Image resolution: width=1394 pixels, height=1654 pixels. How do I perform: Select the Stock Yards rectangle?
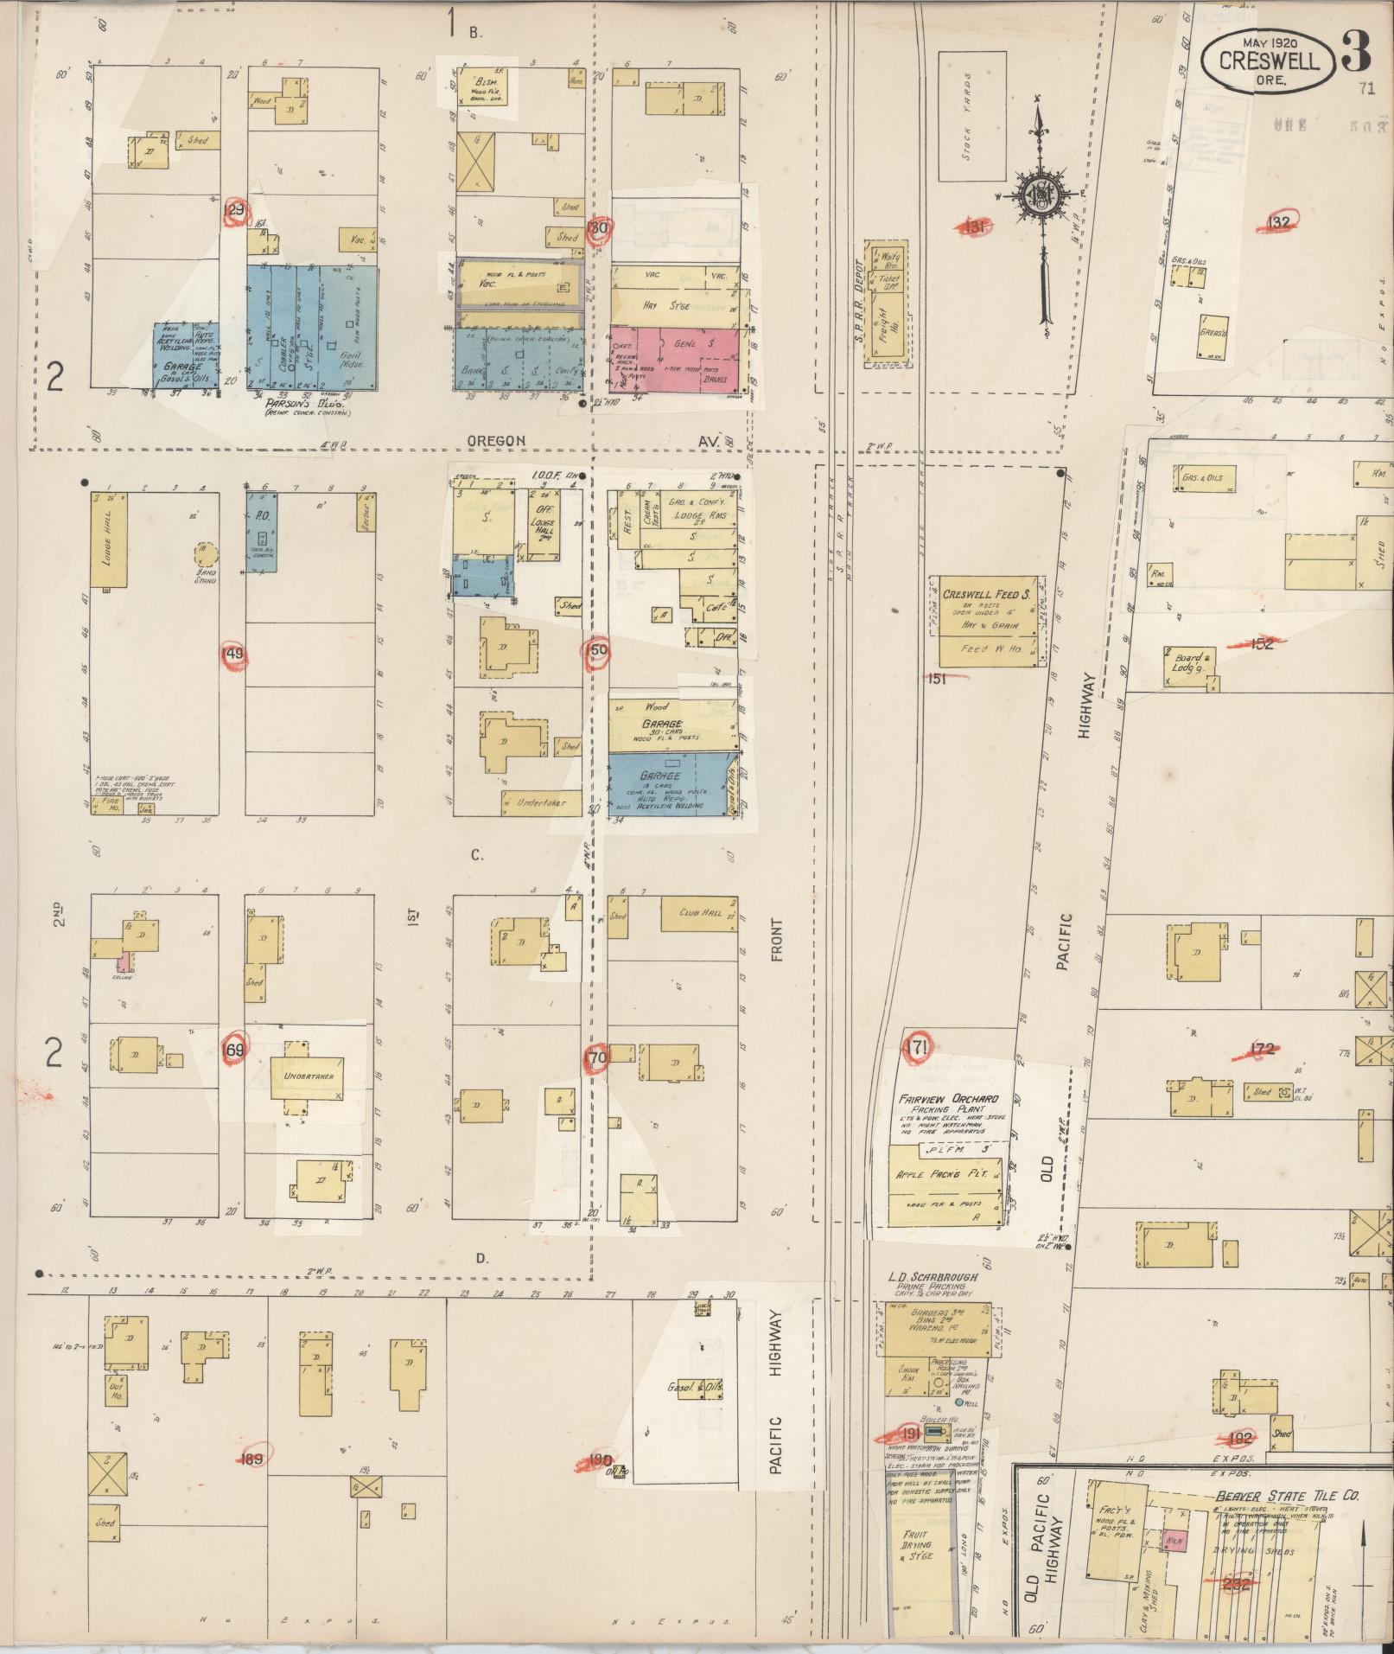coord(971,116)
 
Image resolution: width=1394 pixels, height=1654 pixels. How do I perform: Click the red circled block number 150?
coord(597,650)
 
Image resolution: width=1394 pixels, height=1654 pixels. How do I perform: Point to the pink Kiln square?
coord(1174,1540)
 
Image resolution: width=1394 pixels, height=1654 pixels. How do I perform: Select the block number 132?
coord(1278,223)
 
